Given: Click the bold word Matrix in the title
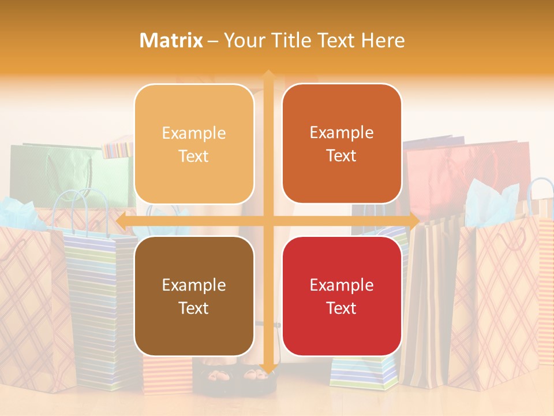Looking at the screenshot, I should (171, 40).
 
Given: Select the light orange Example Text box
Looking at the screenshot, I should (194, 144).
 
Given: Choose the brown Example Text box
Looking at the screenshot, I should (194, 296).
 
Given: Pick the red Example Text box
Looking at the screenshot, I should (342, 296).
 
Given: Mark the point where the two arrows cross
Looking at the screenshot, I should (268, 221).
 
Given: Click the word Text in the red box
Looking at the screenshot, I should (342, 308).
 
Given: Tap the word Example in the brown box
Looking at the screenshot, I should (194, 285).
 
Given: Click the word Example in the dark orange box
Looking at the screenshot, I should (342, 132).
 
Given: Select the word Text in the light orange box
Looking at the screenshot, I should (194, 156).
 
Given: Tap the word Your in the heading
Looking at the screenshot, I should (243, 40).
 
